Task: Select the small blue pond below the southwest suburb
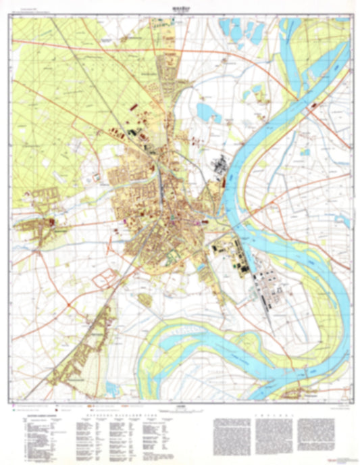click(112, 387)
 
